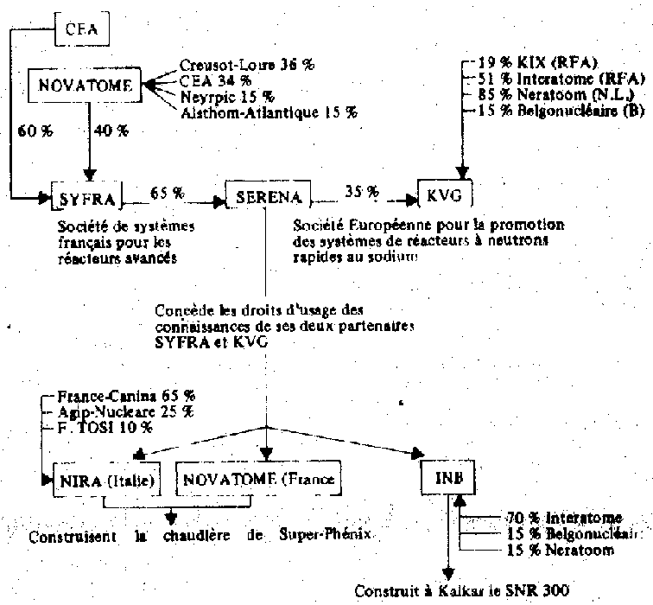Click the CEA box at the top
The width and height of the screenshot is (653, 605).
click(x=83, y=32)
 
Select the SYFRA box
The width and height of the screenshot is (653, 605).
click(x=86, y=197)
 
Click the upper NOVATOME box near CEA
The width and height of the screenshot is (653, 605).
click(x=86, y=85)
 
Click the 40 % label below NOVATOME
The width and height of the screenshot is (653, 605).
click(x=110, y=131)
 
